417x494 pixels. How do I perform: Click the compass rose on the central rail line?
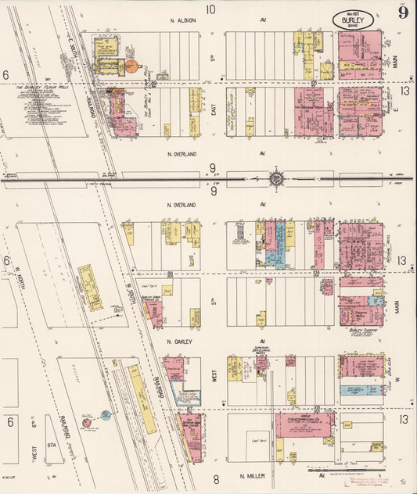click(x=276, y=179)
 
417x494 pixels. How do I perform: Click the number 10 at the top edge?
click(x=210, y=9)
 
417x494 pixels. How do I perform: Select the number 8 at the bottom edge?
click(x=216, y=478)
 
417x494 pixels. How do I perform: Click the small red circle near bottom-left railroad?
click(x=86, y=423)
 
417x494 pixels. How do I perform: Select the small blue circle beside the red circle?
click(x=105, y=415)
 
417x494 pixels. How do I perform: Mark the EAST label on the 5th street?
click(x=214, y=112)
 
